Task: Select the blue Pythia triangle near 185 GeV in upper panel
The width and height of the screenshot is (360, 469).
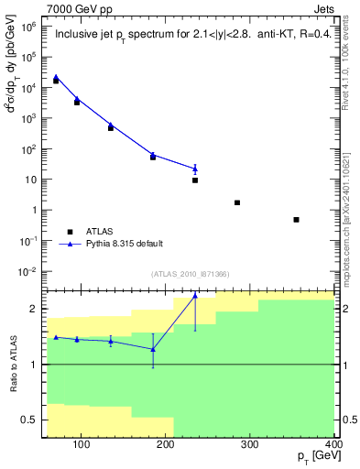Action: pos(153,155)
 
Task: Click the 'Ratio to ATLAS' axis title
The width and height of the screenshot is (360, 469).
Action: pos(12,365)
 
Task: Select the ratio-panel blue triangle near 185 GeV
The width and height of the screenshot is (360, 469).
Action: pos(153,349)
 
